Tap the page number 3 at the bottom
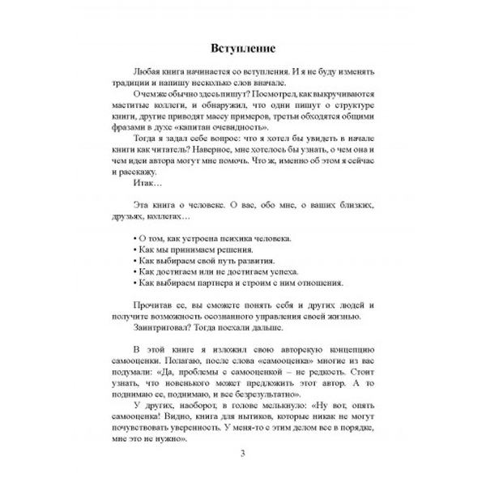(243, 452)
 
